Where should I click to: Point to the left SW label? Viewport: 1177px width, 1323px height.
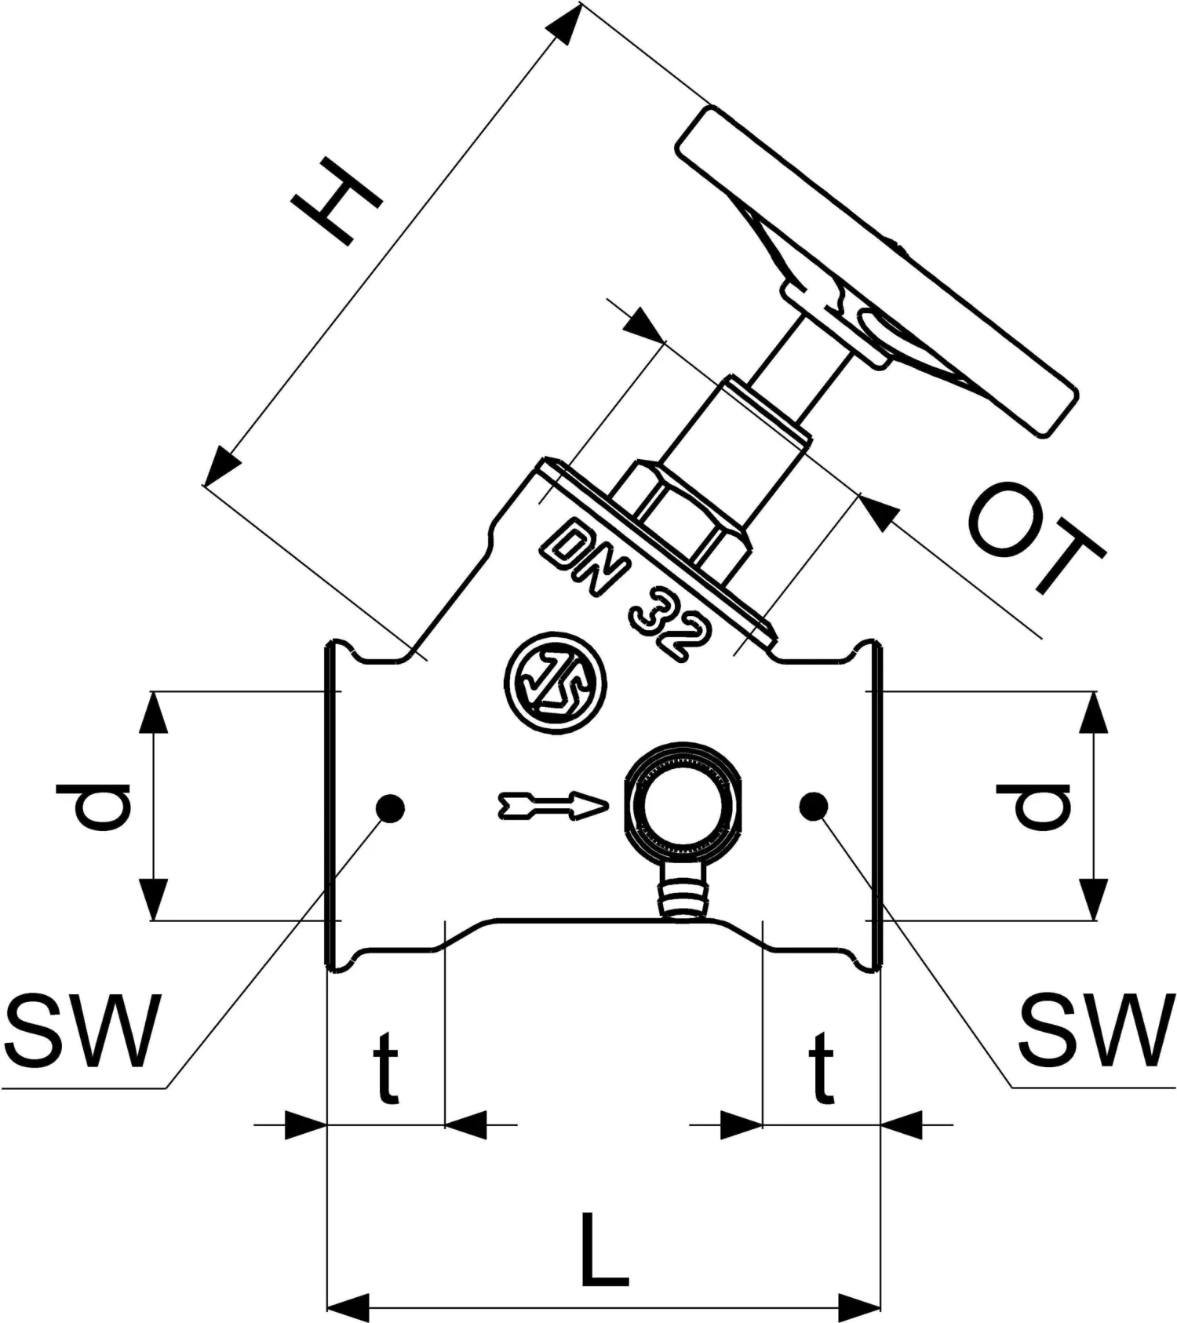coord(82,1030)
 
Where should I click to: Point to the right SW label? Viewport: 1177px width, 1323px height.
coord(1096,1030)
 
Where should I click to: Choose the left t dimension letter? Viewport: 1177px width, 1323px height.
coord(385,1068)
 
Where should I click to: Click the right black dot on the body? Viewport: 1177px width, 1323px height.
coord(814,806)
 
